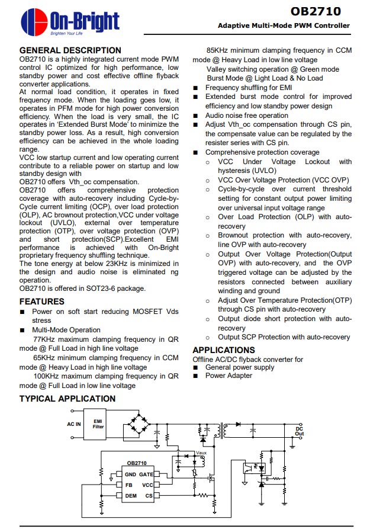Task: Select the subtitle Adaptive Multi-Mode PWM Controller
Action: click(284, 25)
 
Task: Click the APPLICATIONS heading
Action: click(224, 350)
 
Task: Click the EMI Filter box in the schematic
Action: click(98, 423)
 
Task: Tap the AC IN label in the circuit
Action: click(73, 424)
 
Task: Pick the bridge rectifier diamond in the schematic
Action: click(140, 426)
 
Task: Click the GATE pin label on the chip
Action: click(146, 475)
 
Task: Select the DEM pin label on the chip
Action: click(131, 495)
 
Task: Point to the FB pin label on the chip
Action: click(128, 485)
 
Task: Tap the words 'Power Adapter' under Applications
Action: click(229, 375)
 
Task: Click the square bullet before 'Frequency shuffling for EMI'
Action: click(196, 88)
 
